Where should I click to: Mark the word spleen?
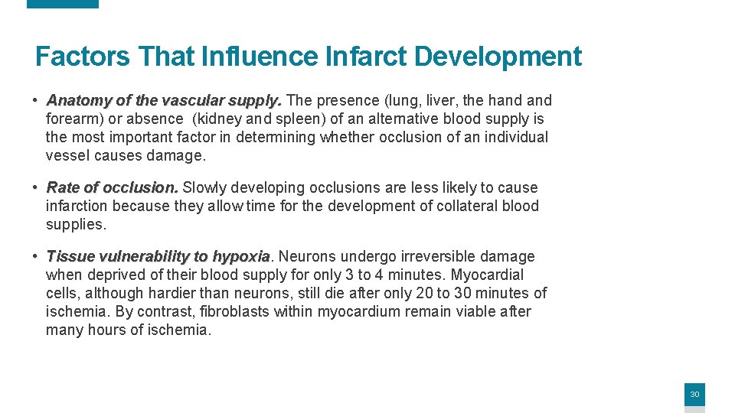[287, 119]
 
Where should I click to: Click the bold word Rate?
[63, 187]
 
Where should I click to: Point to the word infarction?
[77, 206]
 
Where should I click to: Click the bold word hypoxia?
[241, 256]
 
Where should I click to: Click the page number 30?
[694, 395]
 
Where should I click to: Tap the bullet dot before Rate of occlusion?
[36, 187]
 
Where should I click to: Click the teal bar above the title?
[63, 4]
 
